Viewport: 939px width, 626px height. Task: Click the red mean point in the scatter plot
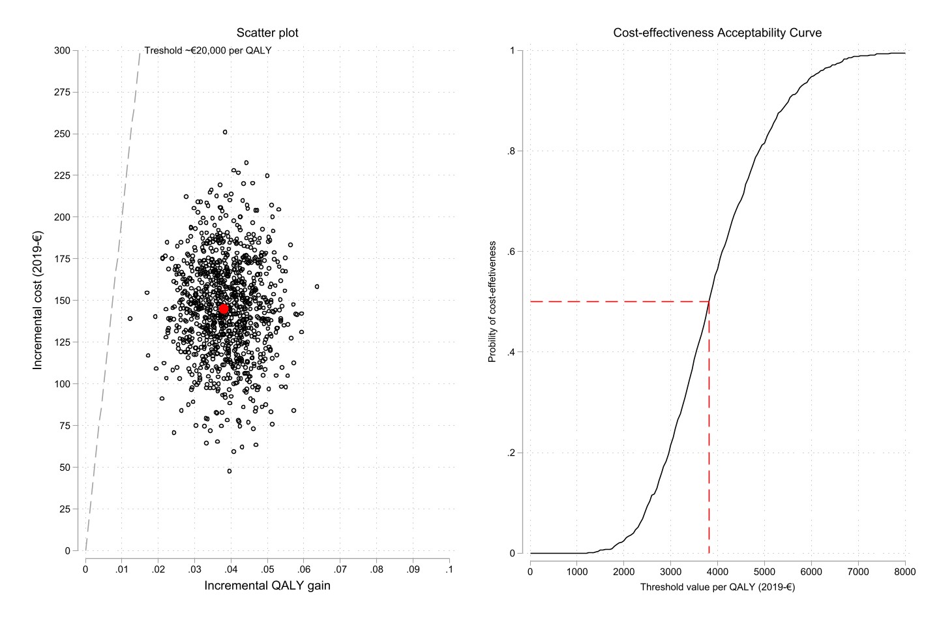tap(224, 309)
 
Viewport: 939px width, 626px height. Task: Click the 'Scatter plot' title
tap(267, 33)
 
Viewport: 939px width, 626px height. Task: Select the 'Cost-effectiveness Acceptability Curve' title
tap(717, 33)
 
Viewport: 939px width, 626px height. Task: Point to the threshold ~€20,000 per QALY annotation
tap(207, 50)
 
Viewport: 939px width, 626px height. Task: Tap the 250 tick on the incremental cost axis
tap(63, 134)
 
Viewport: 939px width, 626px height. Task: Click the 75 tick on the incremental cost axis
tap(65, 426)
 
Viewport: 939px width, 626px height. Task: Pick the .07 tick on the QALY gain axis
tap(340, 569)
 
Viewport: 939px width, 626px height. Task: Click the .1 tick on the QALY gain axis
tap(449, 569)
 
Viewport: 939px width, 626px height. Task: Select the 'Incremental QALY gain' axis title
tap(267, 586)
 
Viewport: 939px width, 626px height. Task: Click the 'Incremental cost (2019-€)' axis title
tap(38, 300)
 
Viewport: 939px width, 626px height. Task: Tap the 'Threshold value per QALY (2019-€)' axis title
tap(717, 587)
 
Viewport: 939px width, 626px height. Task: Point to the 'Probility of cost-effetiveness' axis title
tap(493, 301)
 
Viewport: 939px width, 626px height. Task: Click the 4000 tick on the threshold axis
tap(717, 572)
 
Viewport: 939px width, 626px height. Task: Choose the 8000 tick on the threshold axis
tap(905, 572)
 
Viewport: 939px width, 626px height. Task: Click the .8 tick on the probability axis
tap(511, 151)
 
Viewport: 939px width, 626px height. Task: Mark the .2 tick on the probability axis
tap(511, 453)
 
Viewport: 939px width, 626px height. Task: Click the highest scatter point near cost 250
tap(225, 132)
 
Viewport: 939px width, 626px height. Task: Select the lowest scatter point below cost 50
tap(229, 471)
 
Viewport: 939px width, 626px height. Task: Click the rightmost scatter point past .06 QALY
tap(317, 286)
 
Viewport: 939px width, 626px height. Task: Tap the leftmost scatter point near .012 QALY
tap(130, 318)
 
